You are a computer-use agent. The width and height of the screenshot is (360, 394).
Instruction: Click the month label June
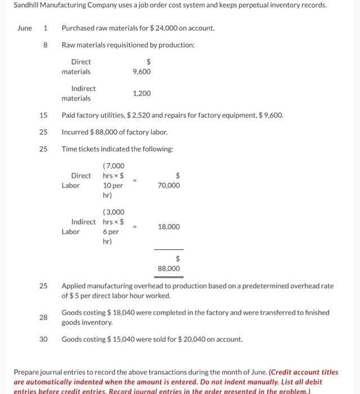click(25, 28)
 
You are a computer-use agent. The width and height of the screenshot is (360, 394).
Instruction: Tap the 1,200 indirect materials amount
click(142, 93)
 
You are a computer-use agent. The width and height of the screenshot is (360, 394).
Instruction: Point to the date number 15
click(43, 115)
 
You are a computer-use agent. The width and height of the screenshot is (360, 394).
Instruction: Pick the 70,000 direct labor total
click(169, 185)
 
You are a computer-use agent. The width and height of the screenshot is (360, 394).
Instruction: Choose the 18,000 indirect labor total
click(169, 227)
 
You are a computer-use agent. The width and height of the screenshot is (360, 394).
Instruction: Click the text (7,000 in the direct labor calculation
click(114, 166)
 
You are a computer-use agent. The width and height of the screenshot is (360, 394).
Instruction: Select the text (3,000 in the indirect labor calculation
click(114, 212)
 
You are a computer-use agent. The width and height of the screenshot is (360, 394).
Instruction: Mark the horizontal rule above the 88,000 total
click(169, 249)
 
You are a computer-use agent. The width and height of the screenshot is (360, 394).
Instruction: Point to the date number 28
click(43, 317)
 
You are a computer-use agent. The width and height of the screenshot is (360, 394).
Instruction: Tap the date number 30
click(43, 339)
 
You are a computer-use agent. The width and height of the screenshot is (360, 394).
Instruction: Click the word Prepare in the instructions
click(26, 373)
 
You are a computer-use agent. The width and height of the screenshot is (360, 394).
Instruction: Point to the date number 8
click(45, 45)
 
